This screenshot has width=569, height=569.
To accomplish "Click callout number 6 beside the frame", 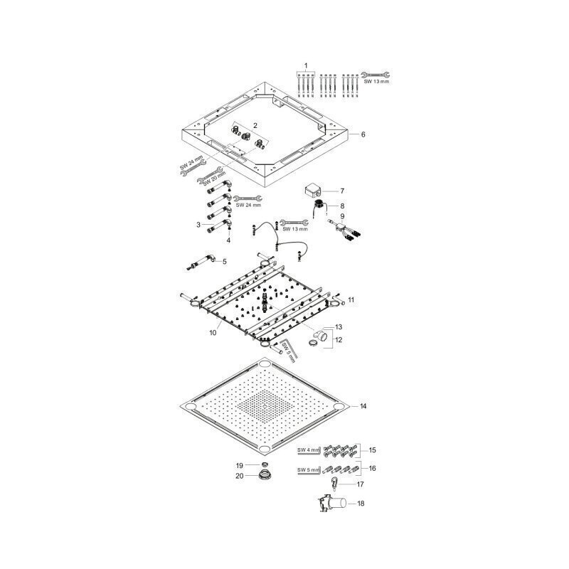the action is (363, 134).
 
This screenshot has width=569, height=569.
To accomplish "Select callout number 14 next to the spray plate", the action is (363, 406).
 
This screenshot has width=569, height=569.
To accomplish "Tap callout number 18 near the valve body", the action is (361, 504).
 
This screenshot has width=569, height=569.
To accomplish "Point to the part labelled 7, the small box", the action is (312, 190).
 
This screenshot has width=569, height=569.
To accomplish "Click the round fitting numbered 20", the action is (266, 474).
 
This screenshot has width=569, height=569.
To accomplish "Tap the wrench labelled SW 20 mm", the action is (210, 175).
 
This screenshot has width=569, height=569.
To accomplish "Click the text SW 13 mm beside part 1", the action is (376, 82).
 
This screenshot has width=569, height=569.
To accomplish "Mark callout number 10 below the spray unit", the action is (213, 332).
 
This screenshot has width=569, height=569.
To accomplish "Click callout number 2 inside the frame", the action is (255, 126).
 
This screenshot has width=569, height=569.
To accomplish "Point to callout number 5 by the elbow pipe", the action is (224, 261).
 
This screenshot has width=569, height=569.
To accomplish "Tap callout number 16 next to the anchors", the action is (372, 468).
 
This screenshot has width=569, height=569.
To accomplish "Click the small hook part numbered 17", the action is (334, 484).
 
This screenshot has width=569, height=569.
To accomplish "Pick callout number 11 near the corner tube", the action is (351, 299).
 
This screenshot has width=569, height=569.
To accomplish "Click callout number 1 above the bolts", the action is (306, 65).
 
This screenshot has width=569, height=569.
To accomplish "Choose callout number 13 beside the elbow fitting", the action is (339, 327).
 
